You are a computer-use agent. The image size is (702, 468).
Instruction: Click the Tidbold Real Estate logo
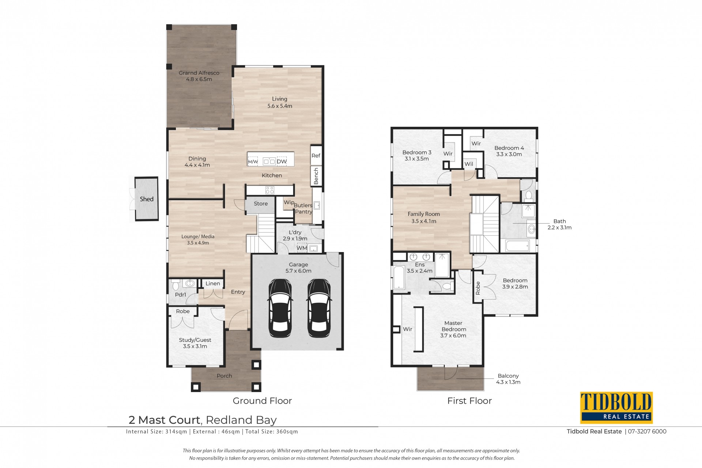(x=616, y=408)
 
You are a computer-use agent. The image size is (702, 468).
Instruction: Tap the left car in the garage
(x=281, y=308)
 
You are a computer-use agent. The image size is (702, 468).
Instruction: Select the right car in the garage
(x=319, y=308)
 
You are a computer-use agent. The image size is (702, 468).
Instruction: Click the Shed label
(x=147, y=199)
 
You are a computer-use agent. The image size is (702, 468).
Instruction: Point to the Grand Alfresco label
(x=199, y=73)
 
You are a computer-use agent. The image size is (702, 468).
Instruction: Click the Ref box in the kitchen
(x=316, y=156)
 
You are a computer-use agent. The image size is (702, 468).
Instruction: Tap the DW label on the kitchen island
(x=282, y=161)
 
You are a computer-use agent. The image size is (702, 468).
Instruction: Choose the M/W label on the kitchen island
(x=253, y=161)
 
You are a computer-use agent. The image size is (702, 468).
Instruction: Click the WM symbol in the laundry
(x=302, y=248)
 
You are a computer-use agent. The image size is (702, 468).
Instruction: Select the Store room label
(x=261, y=203)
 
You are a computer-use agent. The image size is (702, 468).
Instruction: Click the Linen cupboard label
(x=213, y=284)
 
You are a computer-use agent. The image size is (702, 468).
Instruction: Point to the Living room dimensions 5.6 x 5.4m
(x=280, y=106)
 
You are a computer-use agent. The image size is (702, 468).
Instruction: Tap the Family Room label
(x=424, y=214)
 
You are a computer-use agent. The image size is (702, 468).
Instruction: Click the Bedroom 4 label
(x=509, y=148)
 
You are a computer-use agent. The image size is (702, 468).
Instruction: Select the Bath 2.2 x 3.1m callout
(x=559, y=224)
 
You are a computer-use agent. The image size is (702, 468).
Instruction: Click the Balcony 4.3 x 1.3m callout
(x=508, y=379)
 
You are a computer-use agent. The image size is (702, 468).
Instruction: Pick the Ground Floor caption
(x=262, y=401)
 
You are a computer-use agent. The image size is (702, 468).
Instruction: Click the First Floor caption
(x=469, y=401)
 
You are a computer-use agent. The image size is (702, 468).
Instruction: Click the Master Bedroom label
(x=453, y=326)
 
